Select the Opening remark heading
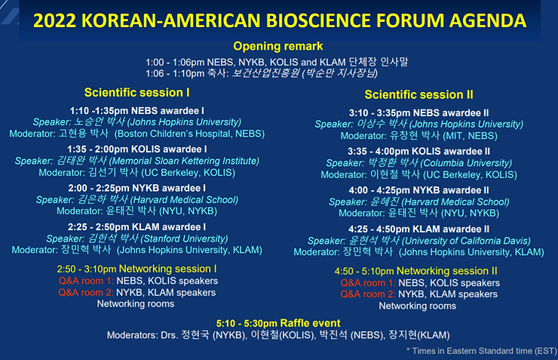coord(278,46)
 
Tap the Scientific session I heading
coord(137,93)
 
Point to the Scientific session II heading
coord(418,95)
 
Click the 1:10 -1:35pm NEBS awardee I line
coord(137,111)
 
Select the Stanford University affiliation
coord(184,238)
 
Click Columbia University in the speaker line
coord(466,163)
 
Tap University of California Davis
coord(466,241)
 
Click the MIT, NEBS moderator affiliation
coord(470,136)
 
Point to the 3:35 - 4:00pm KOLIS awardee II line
coord(418,152)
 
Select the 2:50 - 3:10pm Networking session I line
coord(136,269)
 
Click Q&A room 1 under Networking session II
coord(368,283)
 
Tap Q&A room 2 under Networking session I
coord(86,293)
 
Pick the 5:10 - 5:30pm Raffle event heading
coord(278,323)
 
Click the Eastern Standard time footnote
coord(482,351)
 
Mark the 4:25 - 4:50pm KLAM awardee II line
coord(418,229)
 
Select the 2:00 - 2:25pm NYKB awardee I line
coord(137,188)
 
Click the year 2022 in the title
coord(54,20)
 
